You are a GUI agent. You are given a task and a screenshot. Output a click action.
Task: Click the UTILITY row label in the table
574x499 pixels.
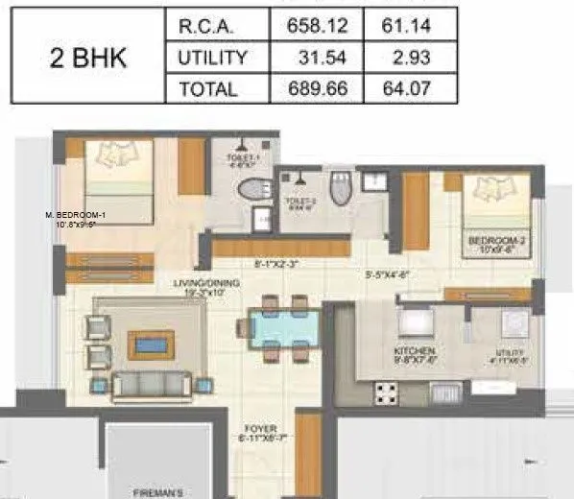coord(213,58)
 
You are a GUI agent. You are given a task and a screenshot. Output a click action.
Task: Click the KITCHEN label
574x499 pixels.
coord(415,351)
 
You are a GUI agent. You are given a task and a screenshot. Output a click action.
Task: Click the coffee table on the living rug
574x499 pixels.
coord(151,344)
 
